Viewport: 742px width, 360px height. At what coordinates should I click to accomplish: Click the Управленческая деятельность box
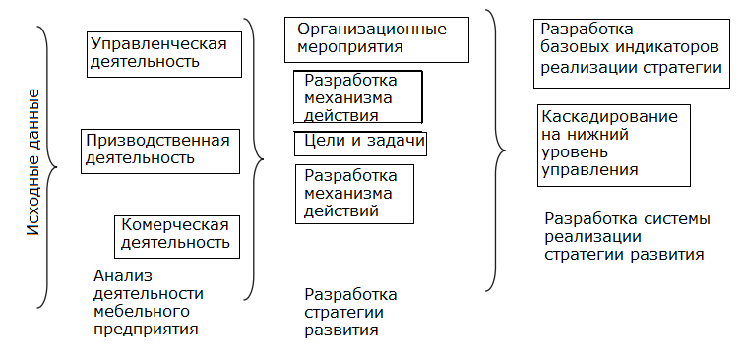point(164,53)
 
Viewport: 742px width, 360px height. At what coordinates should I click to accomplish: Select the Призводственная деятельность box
point(160,149)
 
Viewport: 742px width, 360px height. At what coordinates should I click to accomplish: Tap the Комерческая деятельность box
point(176,234)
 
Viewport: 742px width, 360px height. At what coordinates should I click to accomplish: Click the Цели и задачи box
point(358,143)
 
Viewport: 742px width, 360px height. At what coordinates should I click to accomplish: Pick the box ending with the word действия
point(357,96)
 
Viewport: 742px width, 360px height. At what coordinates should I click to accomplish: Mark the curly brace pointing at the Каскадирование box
point(496,150)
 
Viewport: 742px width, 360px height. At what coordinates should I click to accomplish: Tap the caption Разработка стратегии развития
point(351,312)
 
